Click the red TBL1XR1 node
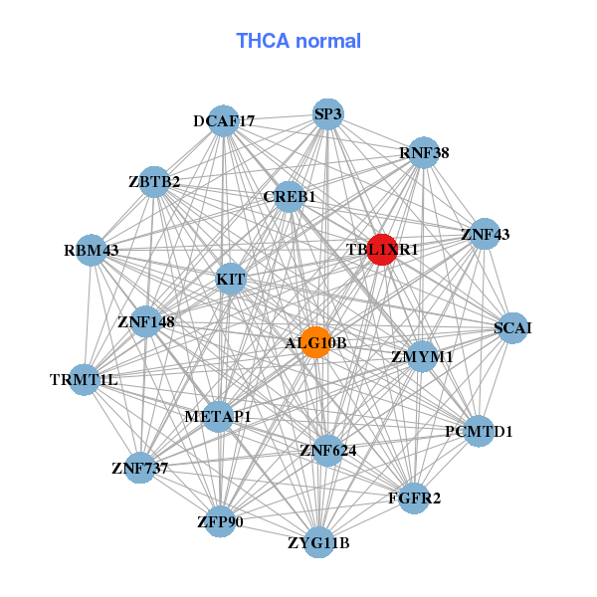point(383,249)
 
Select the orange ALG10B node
point(315,342)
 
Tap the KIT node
point(231,280)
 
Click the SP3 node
point(327,113)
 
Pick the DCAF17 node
point(224,121)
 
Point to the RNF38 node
point(424,152)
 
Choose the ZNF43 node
point(485,234)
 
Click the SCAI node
point(512,327)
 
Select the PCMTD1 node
point(479,431)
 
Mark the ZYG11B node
point(318,542)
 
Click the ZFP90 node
point(220,520)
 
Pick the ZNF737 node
point(139,467)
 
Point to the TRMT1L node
point(84,379)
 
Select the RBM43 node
point(91,250)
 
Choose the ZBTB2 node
point(153,181)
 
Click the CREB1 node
point(290,197)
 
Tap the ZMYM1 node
point(422,356)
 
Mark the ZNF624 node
point(327,451)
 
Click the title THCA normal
point(298,41)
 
